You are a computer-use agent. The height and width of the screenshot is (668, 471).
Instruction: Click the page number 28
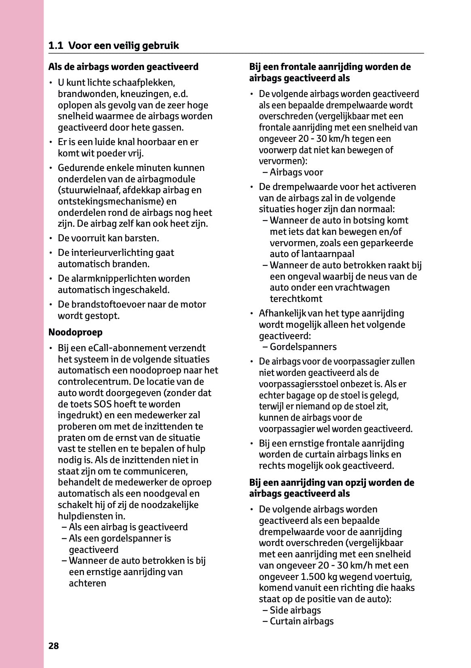54,646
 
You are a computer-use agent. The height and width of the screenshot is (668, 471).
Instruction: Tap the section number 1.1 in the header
56,46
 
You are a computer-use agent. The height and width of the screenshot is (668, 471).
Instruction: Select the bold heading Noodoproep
76,332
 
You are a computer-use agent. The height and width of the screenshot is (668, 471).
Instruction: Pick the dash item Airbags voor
296,173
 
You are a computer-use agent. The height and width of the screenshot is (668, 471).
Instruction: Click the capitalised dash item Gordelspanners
303,347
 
